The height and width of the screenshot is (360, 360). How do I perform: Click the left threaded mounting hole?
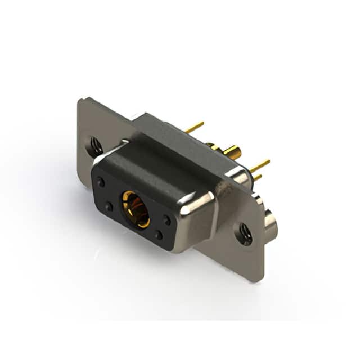[96, 147]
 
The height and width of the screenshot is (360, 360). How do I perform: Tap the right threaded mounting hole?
[245, 233]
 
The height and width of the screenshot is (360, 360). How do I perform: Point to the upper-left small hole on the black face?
[101, 182]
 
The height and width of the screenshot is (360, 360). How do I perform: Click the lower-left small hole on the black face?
[109, 206]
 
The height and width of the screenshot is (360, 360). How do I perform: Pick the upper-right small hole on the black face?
[167, 220]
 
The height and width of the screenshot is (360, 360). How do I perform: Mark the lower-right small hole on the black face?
[159, 236]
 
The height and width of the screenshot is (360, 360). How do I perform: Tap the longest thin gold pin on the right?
[260, 165]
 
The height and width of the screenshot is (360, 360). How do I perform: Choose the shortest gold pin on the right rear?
[257, 177]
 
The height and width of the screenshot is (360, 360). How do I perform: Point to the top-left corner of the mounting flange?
[82, 101]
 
